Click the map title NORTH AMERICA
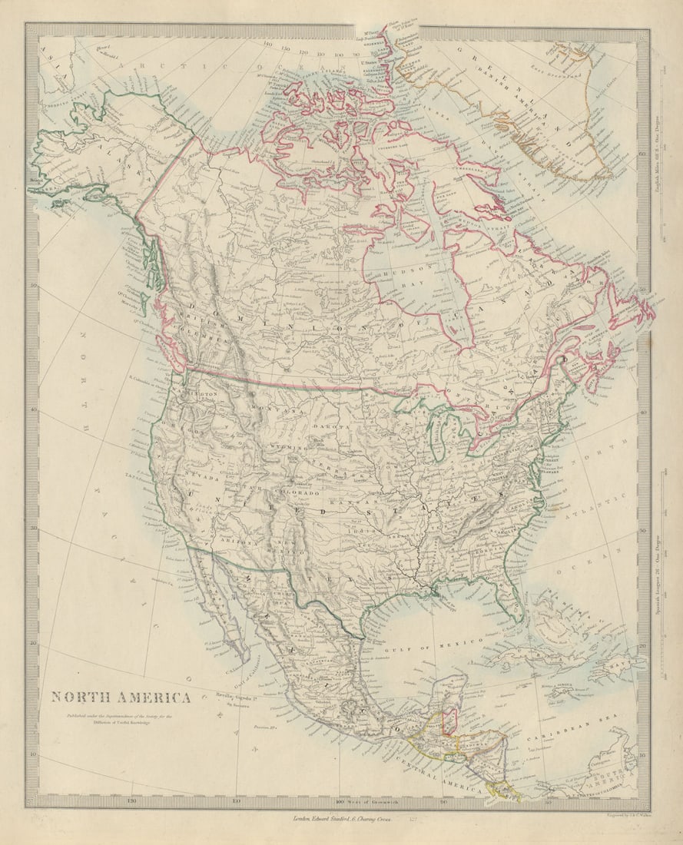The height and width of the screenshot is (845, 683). [x=121, y=698]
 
